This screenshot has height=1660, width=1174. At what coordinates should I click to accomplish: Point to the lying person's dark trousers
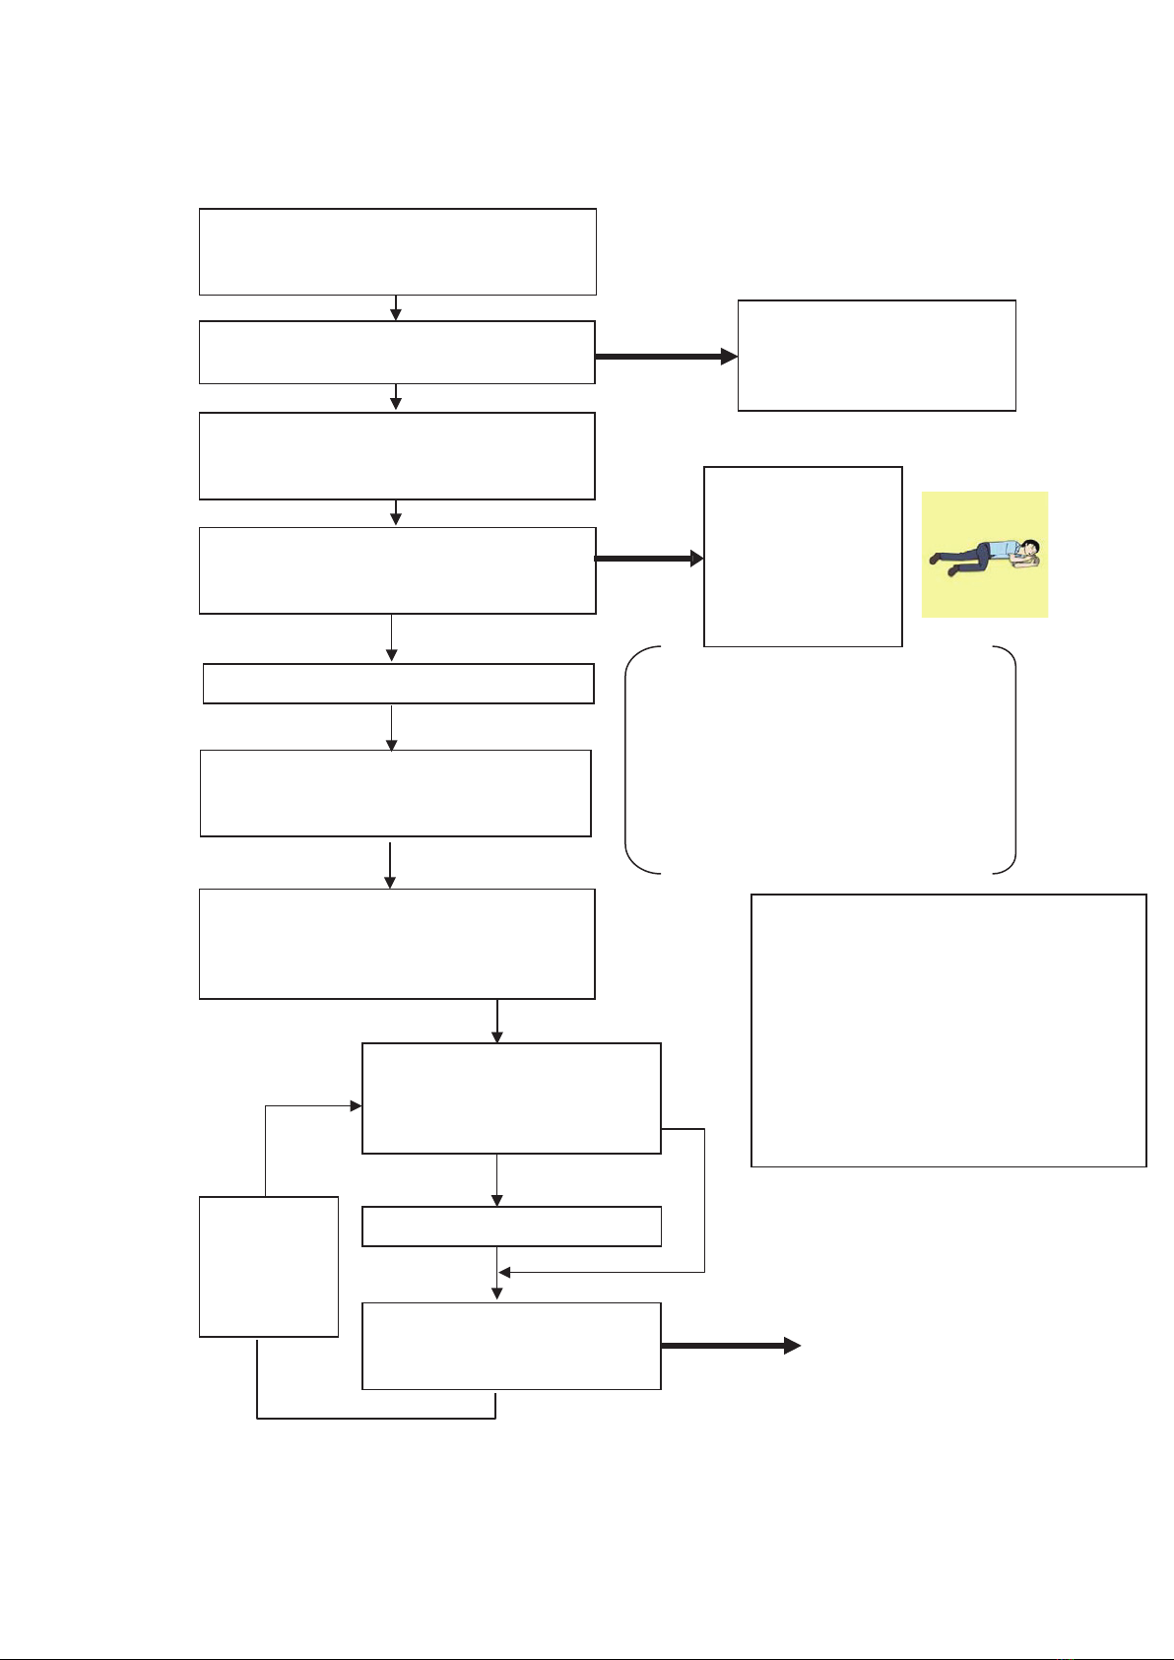(960, 559)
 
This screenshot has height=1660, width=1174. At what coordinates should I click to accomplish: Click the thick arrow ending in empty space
(730, 1346)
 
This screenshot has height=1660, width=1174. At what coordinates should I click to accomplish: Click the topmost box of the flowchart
(397, 251)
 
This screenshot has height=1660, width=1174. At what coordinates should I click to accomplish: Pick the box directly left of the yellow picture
(803, 557)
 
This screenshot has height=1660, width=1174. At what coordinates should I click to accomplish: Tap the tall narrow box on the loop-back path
(268, 1266)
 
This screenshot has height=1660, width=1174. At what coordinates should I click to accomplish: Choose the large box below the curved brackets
(948, 1029)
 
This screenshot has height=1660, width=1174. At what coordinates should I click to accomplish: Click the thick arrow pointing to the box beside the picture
(649, 559)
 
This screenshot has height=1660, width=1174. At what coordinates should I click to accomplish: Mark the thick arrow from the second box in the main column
(666, 357)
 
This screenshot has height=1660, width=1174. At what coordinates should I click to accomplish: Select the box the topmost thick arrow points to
(877, 355)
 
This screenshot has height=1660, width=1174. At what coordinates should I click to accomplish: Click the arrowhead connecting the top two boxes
(396, 313)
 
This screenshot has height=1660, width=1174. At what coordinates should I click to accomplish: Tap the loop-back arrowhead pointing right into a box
(356, 1106)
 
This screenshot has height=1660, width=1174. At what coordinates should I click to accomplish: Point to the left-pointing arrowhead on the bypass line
(504, 1272)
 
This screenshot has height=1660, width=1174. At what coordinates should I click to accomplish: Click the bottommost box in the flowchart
(511, 1346)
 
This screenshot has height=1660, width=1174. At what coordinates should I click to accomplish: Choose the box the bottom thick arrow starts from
(511, 1346)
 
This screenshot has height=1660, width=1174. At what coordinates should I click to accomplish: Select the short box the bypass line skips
(511, 1226)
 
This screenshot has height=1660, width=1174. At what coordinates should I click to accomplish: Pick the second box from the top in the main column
(397, 352)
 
